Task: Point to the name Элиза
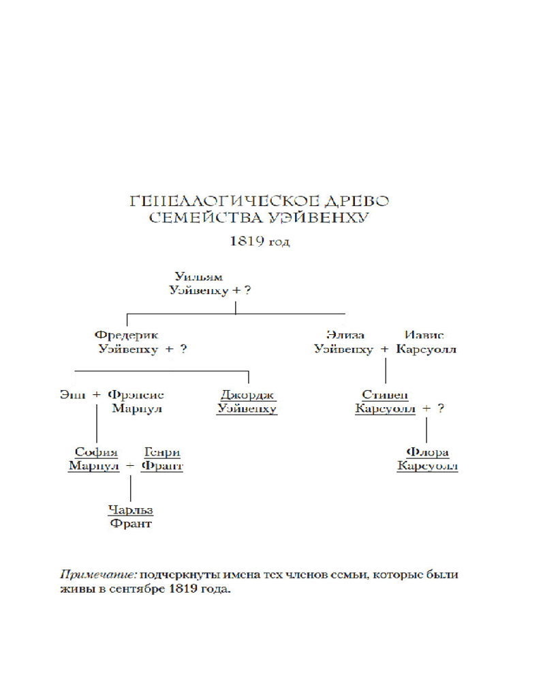point(345,335)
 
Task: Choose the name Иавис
point(424,335)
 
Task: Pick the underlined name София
point(96,452)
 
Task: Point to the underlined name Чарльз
point(131,510)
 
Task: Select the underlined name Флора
point(427,452)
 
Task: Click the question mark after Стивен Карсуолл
point(441,409)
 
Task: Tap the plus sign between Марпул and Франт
point(130,466)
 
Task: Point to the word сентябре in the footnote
point(129,589)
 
